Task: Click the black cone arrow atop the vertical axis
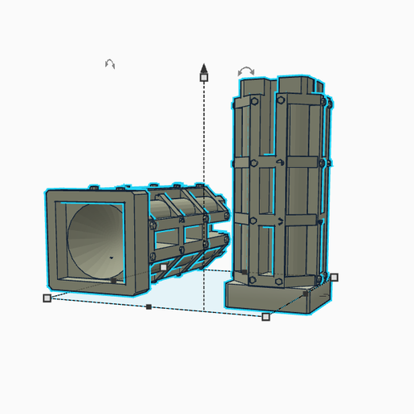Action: point(204,67)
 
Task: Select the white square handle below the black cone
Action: point(204,78)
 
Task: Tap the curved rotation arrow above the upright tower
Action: point(246,71)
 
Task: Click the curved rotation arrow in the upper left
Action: point(110,63)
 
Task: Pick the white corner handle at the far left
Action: point(47,298)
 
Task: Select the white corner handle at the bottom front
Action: point(266,316)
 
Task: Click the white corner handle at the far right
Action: point(335,278)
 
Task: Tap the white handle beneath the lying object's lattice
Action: point(163,267)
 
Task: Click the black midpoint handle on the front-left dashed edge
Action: point(148,306)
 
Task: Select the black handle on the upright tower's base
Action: point(306,293)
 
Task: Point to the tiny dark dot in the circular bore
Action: point(111,258)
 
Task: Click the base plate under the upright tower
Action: point(265,299)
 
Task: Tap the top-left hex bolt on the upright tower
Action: point(254,102)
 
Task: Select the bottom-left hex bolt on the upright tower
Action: point(253,280)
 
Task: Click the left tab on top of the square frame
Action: point(95,188)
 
